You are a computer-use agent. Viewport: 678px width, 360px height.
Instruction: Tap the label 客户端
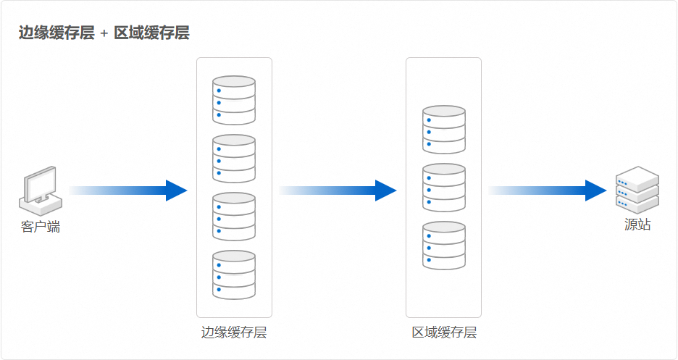coord(41,227)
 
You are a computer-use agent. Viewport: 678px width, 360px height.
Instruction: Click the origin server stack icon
coord(637,190)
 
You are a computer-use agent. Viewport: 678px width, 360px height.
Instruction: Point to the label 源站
coord(637,225)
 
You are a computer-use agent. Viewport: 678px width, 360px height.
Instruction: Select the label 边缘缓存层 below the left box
coord(234,332)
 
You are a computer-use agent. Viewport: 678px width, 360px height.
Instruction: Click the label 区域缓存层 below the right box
coord(444,332)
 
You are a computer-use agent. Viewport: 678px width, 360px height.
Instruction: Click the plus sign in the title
coord(104,33)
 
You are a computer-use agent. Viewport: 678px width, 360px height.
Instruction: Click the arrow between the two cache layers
coord(338,191)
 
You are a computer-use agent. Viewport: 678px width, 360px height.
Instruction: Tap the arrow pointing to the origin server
coord(546,191)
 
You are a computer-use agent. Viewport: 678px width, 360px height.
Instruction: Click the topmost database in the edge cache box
coord(234,100)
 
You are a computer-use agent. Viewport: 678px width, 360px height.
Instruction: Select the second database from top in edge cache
coord(234,158)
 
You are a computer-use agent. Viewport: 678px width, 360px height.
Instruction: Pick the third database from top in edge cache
coord(234,216)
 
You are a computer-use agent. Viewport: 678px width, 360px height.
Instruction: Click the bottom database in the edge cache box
coord(234,274)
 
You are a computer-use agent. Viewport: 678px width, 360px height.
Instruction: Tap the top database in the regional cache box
coord(444,130)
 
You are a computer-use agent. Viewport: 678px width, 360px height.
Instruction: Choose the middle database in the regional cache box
coord(444,188)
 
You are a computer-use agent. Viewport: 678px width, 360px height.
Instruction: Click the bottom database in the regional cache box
coord(444,246)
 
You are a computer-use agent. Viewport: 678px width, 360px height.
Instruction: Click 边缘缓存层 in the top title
coord(56,33)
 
